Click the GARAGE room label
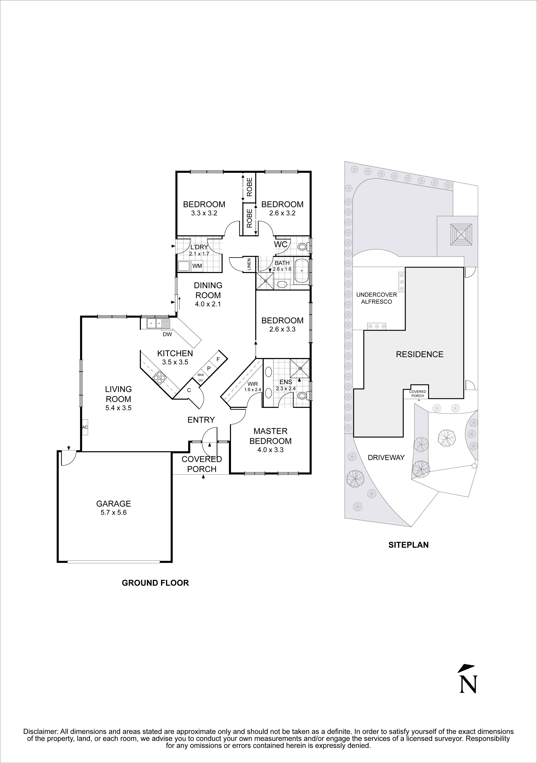114,503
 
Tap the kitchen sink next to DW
155,323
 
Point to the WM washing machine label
197,266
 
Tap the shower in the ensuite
300,368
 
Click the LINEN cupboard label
249,265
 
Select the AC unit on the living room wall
85,427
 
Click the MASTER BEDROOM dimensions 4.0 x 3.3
270,450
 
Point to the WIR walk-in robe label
253,384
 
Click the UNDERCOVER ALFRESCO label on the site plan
376,298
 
